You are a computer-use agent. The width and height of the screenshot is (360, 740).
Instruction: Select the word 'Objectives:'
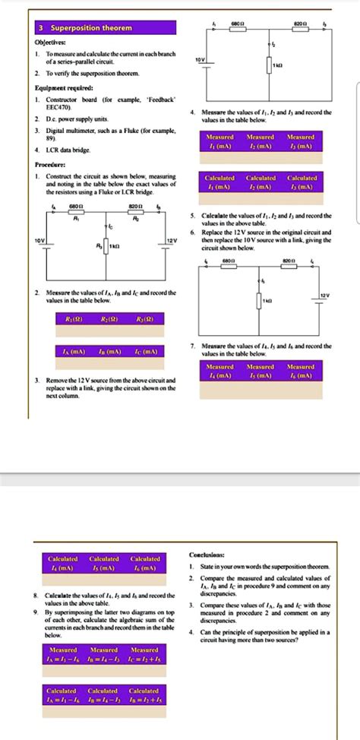click(x=49, y=43)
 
